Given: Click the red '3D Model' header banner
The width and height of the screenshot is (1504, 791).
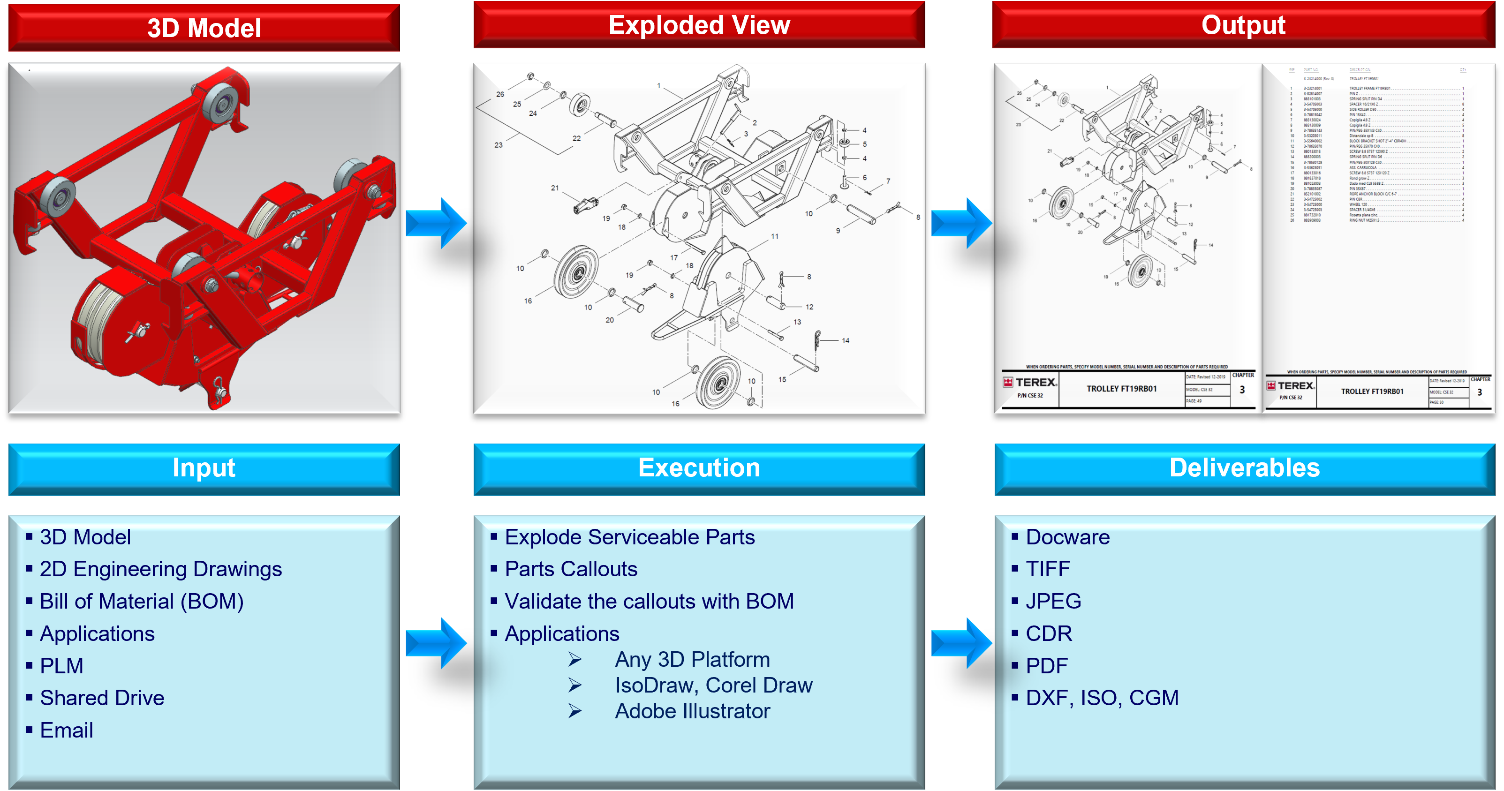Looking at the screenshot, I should tap(204, 28).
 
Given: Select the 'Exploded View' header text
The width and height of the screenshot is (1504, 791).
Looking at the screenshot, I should tap(699, 25).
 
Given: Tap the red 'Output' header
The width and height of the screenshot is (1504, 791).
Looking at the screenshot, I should tap(1243, 25).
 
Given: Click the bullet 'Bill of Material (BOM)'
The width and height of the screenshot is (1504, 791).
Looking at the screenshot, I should tap(141, 601).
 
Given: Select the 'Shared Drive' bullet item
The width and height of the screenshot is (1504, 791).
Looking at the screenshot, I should tap(102, 698).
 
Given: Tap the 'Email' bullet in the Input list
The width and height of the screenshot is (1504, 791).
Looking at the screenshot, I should tap(67, 730).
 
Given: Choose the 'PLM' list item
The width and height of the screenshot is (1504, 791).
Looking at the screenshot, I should tap(61, 665).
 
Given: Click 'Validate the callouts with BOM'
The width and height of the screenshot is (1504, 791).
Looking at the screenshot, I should tap(649, 601).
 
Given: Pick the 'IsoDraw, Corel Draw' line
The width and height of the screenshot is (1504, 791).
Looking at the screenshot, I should tap(713, 686).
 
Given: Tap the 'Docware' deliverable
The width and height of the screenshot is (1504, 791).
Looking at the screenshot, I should tap(1067, 537).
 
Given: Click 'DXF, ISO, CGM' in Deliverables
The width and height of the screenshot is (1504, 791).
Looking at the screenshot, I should tap(1102, 698).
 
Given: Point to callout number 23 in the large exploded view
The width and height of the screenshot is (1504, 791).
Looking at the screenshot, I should tap(499, 145).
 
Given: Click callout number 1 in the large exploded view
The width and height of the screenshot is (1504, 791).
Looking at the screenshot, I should tap(658, 86).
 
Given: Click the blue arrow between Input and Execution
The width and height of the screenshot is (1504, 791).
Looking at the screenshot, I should tap(436, 643).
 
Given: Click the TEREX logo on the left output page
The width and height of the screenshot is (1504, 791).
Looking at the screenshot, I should tap(1030, 382).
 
